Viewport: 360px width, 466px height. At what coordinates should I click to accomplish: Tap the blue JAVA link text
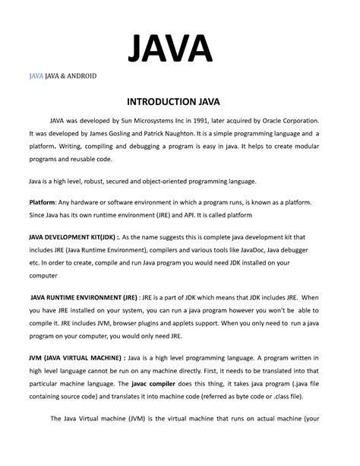click(36, 78)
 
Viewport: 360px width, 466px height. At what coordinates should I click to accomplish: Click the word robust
click(111, 182)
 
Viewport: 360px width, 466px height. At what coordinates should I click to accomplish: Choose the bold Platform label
click(42, 201)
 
